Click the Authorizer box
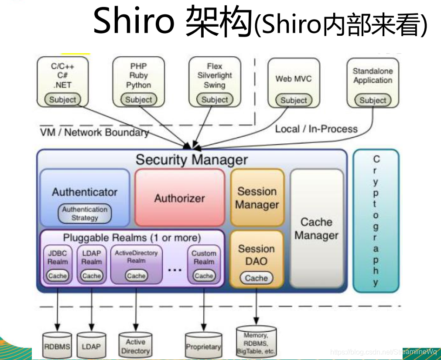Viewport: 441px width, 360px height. point(179,198)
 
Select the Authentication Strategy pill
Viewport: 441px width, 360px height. point(85,214)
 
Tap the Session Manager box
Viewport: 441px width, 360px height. point(257,198)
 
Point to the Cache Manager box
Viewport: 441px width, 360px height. point(316,229)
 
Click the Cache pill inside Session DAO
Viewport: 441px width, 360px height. point(256,278)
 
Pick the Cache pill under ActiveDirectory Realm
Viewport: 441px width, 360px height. point(136,275)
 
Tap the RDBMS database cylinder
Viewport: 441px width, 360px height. point(57,346)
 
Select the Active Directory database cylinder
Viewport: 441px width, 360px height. point(135,346)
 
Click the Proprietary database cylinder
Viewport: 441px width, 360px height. point(203,346)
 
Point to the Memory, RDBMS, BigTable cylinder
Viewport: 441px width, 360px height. point(256,343)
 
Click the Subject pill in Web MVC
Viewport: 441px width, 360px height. point(294,100)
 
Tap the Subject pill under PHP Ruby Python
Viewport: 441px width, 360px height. point(139,99)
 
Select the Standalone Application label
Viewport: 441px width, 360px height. point(373,75)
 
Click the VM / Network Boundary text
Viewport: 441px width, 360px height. point(94,132)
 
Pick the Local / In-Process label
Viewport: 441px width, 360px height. point(316,129)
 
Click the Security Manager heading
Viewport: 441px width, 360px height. point(191,160)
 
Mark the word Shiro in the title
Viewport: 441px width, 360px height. point(133,21)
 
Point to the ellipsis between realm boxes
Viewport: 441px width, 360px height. point(174,270)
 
